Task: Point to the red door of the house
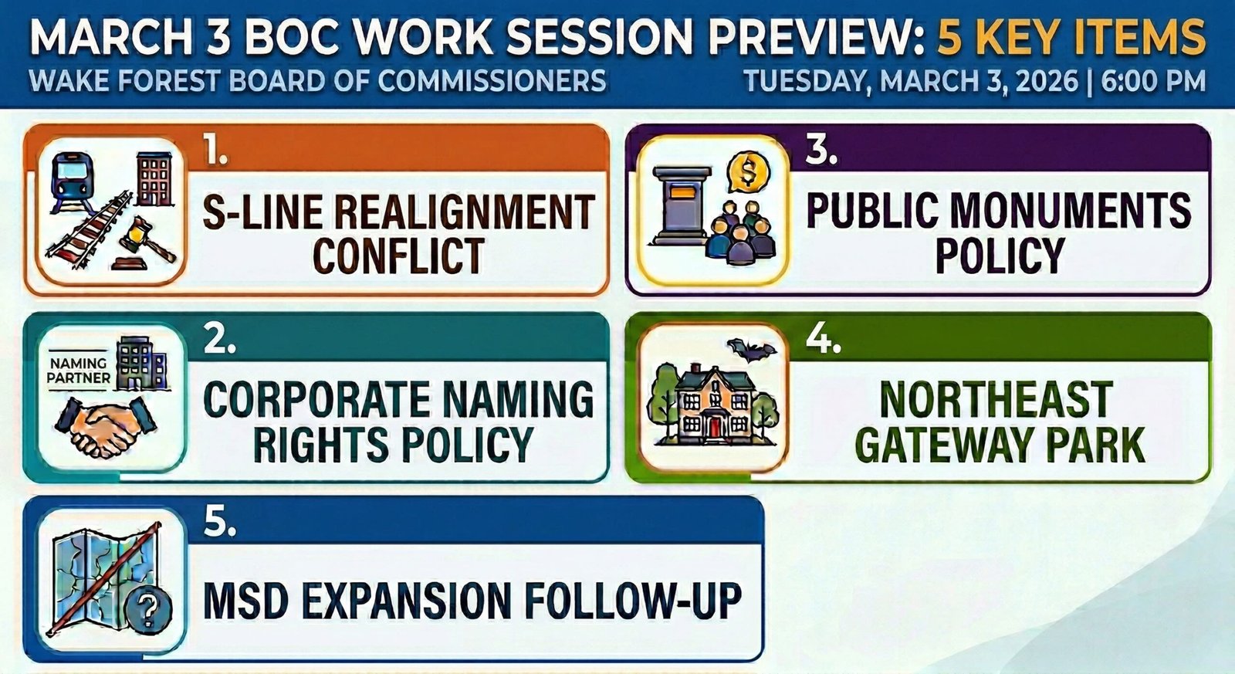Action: click(716, 425)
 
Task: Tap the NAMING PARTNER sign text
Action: click(79, 370)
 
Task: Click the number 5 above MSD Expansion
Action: click(219, 523)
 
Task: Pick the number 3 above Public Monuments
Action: click(821, 151)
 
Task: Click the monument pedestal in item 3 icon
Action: click(680, 202)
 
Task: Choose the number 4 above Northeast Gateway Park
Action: click(823, 339)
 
